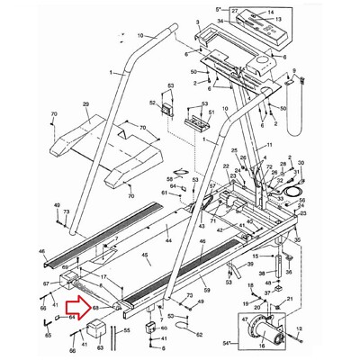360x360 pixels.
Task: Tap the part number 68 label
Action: point(95,308)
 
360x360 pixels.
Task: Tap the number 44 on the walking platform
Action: point(167,240)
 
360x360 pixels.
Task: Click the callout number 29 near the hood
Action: point(85,104)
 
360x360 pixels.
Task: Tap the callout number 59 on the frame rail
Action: point(206,291)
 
